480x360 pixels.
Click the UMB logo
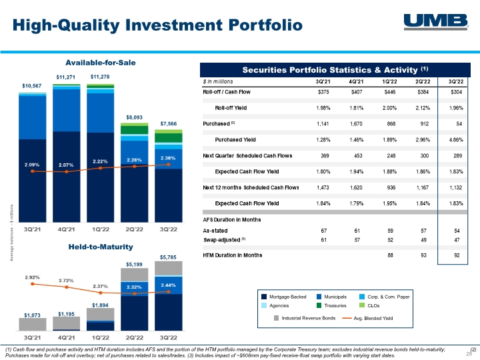436,21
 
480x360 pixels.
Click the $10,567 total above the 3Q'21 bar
31,86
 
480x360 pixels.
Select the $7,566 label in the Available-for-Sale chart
169,124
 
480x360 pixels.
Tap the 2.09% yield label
32,165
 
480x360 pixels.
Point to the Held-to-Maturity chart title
101,247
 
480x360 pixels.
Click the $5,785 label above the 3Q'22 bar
168,257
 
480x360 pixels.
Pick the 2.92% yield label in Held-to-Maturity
32,277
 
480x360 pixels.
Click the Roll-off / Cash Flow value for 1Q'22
389,92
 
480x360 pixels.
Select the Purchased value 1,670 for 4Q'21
356,124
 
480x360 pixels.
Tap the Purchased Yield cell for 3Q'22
456,139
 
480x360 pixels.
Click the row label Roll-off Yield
231,108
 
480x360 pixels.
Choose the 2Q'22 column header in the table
423,81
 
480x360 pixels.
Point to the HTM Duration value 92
457,255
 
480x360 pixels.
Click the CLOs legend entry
369,305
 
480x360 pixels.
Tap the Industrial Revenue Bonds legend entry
305,318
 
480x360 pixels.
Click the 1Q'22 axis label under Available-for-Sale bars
101,229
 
